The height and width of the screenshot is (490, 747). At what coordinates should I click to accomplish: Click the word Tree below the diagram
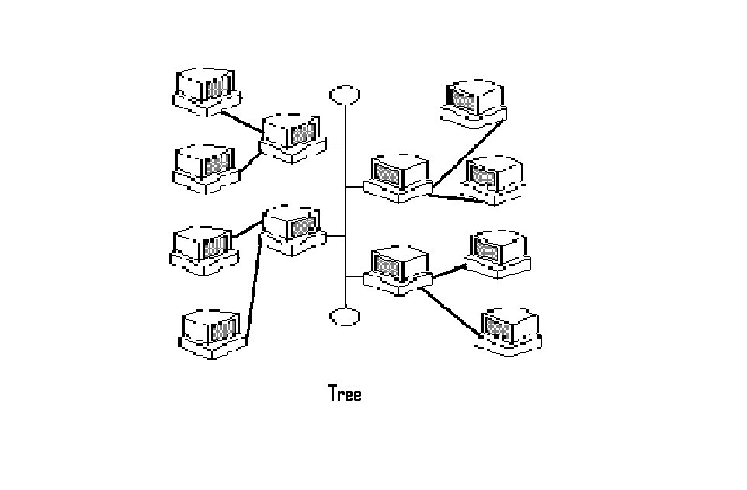click(345, 394)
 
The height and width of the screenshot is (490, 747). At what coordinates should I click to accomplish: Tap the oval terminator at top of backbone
click(345, 95)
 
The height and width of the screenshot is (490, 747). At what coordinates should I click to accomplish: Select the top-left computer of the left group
click(206, 92)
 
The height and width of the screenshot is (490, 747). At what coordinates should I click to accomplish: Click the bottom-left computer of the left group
click(212, 334)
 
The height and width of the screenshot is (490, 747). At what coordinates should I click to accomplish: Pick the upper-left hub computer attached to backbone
click(292, 137)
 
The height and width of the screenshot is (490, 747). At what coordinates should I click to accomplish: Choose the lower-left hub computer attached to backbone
click(292, 230)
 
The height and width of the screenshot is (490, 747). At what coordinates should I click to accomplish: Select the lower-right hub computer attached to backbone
click(398, 270)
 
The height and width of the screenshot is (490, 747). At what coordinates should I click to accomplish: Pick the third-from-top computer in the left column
click(203, 249)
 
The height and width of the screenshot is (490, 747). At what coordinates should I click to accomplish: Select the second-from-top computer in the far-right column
click(494, 181)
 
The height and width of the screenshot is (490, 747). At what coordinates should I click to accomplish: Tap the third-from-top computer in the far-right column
click(500, 253)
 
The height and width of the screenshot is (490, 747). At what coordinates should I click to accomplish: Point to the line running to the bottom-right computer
click(450, 311)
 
